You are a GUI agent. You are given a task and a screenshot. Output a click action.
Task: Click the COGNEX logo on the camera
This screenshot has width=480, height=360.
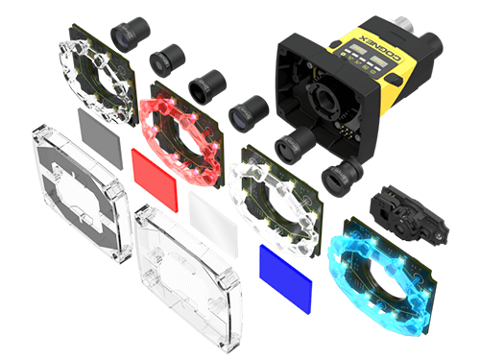(381, 47)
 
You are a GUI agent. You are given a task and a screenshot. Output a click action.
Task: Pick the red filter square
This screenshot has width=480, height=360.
(155, 180)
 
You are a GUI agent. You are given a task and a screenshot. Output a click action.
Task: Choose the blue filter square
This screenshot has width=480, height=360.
(285, 278)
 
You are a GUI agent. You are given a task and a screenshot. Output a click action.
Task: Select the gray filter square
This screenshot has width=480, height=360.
(100, 138)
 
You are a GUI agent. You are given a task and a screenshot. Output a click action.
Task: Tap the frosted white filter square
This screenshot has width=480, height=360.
(213, 224)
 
